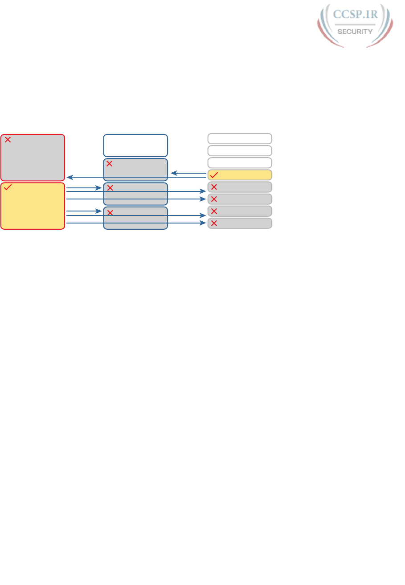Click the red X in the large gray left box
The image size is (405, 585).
8,140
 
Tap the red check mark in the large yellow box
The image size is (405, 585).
8,188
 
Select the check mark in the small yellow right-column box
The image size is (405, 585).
214,175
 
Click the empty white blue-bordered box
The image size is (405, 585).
135,145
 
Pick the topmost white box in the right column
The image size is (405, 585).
240,138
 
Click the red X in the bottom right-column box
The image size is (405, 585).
214,223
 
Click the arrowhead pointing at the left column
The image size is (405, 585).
70,177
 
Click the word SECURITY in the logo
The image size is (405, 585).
355,32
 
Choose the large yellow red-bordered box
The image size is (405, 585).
33,206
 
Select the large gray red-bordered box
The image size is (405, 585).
33,157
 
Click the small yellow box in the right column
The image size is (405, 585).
240,175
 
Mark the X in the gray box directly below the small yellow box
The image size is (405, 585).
214,187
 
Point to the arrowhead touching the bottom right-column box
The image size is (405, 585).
204,223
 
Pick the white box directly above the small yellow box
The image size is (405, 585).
240,162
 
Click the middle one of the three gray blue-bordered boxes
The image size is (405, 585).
135,194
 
